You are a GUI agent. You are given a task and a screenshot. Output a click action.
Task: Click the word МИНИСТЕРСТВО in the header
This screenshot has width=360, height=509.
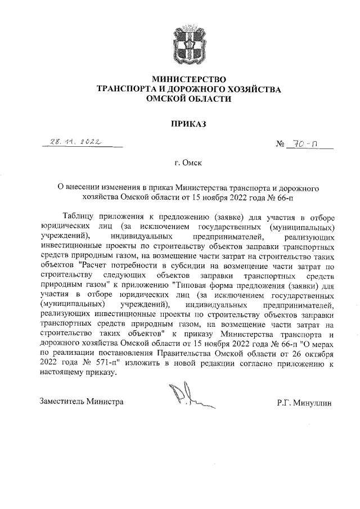coord(188,79)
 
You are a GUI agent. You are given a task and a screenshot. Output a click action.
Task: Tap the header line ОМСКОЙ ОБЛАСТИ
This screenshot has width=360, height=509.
coord(188,98)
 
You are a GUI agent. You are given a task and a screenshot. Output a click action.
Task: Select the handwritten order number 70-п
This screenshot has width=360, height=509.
coord(307,145)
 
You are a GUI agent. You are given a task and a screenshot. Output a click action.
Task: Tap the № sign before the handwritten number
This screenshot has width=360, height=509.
coord(280,145)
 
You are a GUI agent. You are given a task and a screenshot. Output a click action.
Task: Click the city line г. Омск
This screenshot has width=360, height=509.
coord(188,163)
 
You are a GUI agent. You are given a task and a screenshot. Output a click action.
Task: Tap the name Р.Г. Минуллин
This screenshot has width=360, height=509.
coord(305,403)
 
